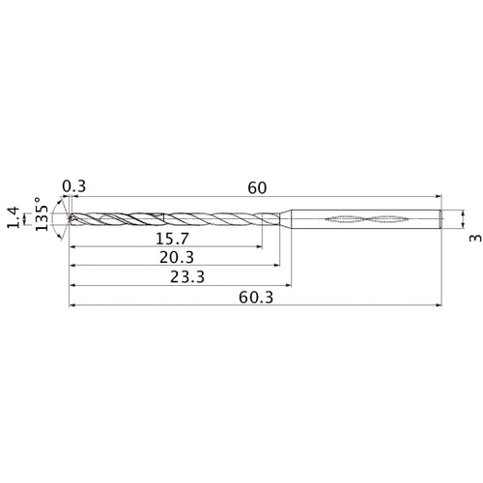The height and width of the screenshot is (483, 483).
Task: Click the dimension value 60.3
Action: point(256,298)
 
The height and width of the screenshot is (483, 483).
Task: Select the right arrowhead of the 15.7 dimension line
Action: point(259,246)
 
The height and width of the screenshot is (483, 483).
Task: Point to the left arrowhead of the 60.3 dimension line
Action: point(72,307)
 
